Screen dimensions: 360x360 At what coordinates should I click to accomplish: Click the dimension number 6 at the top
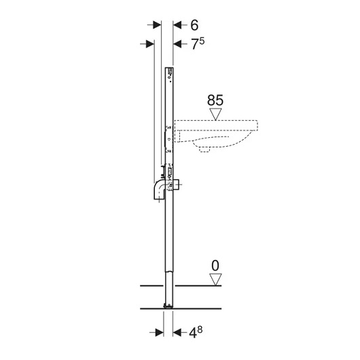(194, 25)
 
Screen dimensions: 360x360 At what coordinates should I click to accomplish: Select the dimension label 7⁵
(198, 43)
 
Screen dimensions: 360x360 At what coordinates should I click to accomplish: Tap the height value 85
(215, 100)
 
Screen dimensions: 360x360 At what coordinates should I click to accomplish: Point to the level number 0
(215, 266)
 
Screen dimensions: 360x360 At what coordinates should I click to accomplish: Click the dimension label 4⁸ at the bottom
(196, 332)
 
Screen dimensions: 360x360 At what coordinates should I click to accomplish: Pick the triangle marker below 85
(215, 114)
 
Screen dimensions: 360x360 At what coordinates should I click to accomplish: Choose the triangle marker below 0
(215, 279)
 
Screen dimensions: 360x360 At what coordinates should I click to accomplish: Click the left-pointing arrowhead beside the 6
(177, 25)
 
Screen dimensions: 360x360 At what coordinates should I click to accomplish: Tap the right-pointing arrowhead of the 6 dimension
(157, 25)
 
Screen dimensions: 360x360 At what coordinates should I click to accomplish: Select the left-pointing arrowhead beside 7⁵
(177, 43)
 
